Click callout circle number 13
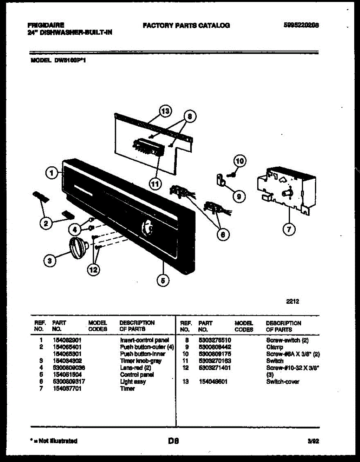click(165, 111)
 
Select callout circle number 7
click(289, 229)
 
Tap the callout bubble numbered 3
click(49, 261)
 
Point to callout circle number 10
click(239, 161)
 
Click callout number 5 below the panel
click(163, 281)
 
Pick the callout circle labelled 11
click(155, 184)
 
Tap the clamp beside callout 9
click(221, 179)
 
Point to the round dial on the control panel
click(147, 227)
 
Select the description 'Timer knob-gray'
click(141, 361)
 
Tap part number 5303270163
click(214, 361)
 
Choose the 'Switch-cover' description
click(283, 382)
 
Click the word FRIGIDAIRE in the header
click(46, 25)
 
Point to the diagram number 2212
click(292, 301)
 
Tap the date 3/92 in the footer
click(313, 441)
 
